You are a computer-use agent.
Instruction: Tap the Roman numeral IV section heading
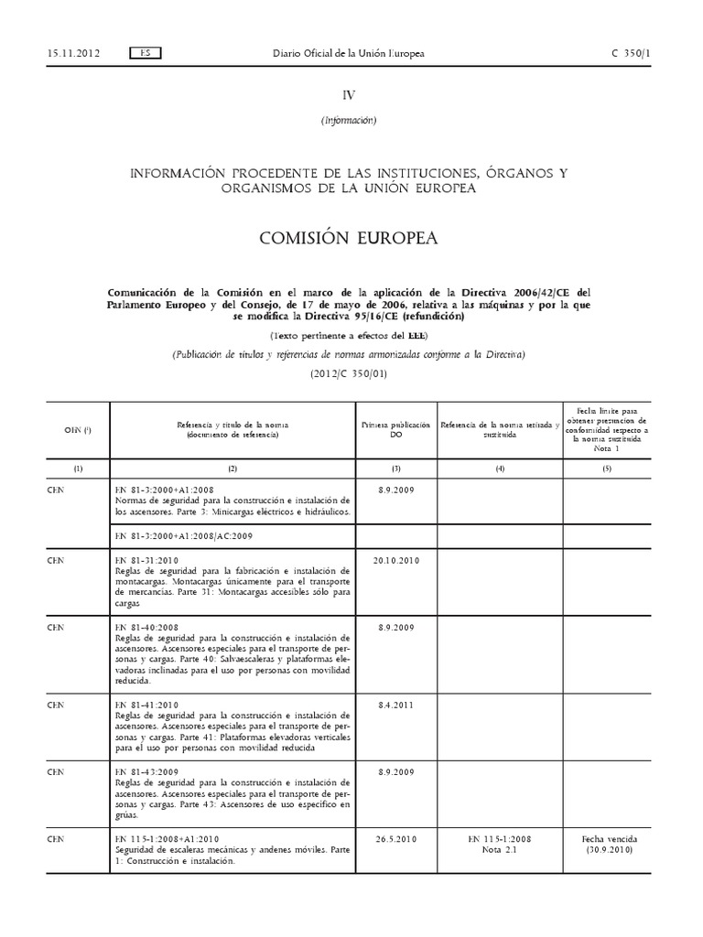click(x=349, y=94)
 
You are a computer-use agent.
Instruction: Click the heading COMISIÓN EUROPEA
click(x=349, y=238)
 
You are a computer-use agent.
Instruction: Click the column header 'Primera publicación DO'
click(x=395, y=430)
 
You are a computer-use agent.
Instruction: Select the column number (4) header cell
click(x=500, y=468)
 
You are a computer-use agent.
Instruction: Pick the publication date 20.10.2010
click(x=395, y=561)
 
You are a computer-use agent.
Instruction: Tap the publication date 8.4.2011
click(x=395, y=705)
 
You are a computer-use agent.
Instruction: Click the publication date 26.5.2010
click(x=395, y=838)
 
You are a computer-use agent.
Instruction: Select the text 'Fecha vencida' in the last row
click(x=610, y=838)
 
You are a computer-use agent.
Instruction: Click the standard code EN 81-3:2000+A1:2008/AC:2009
click(x=183, y=535)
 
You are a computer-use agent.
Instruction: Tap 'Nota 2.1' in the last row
click(x=500, y=849)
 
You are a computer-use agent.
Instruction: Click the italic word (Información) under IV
click(x=349, y=120)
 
